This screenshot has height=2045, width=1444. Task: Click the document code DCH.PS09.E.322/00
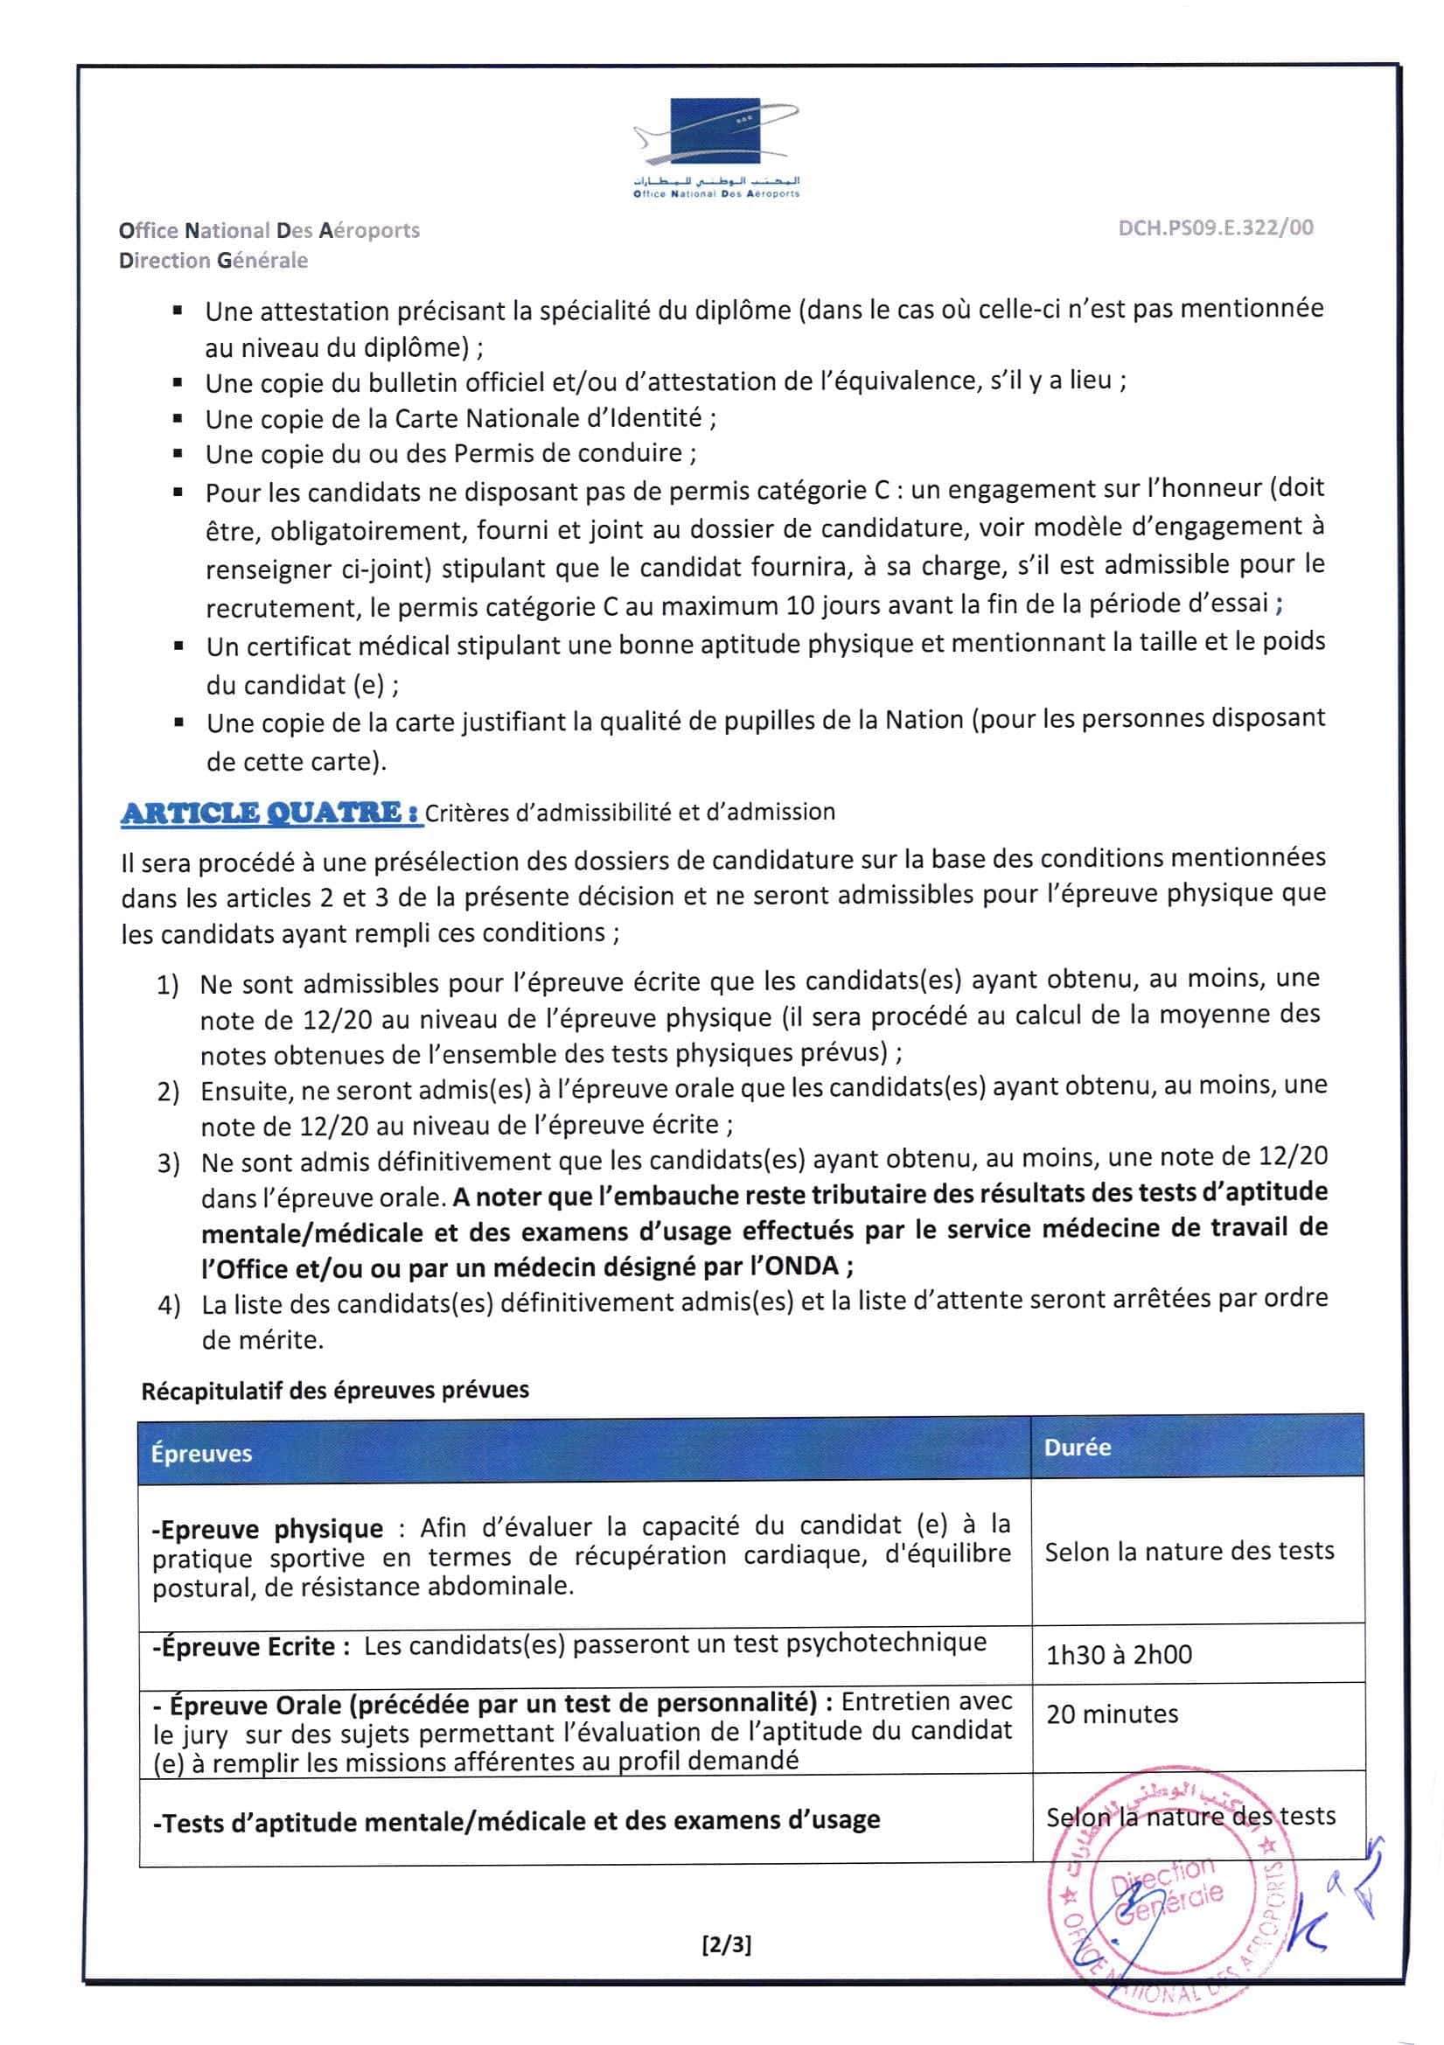(1215, 228)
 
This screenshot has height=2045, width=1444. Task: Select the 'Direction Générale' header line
(213, 260)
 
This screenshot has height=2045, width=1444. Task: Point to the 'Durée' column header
(1077, 1448)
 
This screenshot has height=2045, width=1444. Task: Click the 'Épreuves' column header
(201, 1454)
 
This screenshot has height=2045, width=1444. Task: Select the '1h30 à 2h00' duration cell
(1118, 1655)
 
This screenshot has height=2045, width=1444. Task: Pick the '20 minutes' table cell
(1112, 1713)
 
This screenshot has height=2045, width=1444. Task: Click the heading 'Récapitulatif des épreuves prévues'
(335, 1391)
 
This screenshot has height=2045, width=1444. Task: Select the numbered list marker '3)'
(168, 1163)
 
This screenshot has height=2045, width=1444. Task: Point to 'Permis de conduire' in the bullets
(568, 453)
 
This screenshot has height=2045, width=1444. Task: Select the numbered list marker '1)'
(167, 984)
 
